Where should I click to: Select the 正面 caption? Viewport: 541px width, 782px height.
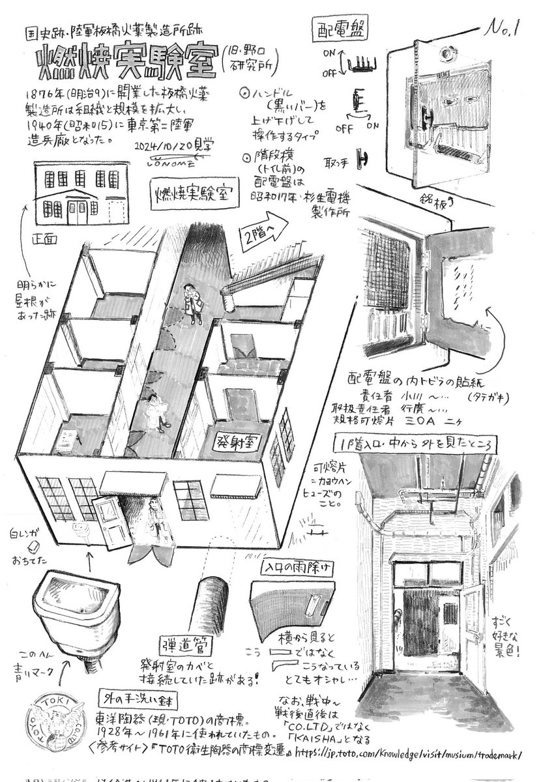tap(47, 239)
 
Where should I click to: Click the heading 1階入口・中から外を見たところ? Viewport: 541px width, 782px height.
tap(413, 442)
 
